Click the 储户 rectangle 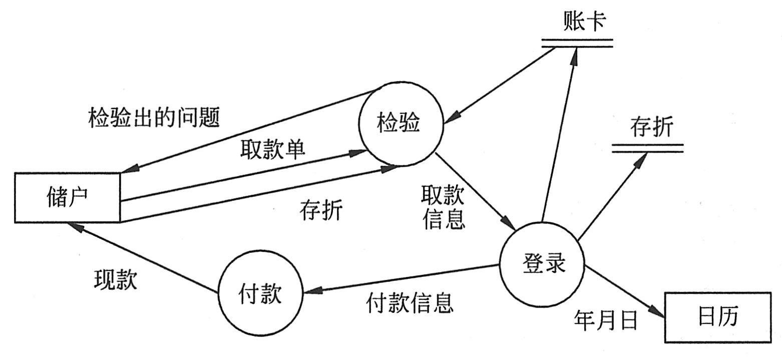[67, 197]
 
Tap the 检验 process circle [401, 123]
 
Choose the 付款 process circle [260, 294]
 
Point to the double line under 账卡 [577, 47]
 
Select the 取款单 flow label [272, 149]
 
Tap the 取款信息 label [443, 207]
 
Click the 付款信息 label [410, 302]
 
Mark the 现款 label [115, 280]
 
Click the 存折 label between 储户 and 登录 [321, 211]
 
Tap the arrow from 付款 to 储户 [145, 258]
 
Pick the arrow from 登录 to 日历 [626, 293]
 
